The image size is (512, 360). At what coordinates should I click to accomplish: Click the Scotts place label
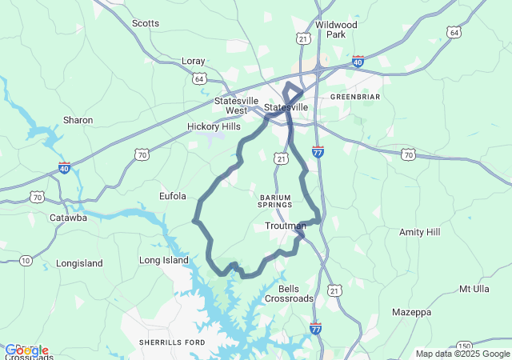(146, 23)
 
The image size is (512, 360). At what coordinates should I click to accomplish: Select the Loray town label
(194, 61)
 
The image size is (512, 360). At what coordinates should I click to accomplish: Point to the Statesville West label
(236, 106)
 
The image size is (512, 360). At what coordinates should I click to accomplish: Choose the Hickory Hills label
(214, 126)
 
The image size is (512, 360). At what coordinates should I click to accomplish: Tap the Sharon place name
(78, 120)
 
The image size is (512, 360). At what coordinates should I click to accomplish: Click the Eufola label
(173, 196)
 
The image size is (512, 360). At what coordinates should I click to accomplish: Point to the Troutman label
(285, 226)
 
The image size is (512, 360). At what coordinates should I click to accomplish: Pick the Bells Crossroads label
(296, 293)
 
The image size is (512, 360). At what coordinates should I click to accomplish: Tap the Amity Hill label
(420, 232)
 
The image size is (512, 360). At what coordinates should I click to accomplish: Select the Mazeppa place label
(413, 311)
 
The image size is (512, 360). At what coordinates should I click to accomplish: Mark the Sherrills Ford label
(172, 342)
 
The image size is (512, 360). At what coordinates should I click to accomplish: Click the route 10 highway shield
(26, 260)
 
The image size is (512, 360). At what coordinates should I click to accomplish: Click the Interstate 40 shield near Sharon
(64, 168)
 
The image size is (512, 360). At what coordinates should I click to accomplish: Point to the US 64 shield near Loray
(198, 78)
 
